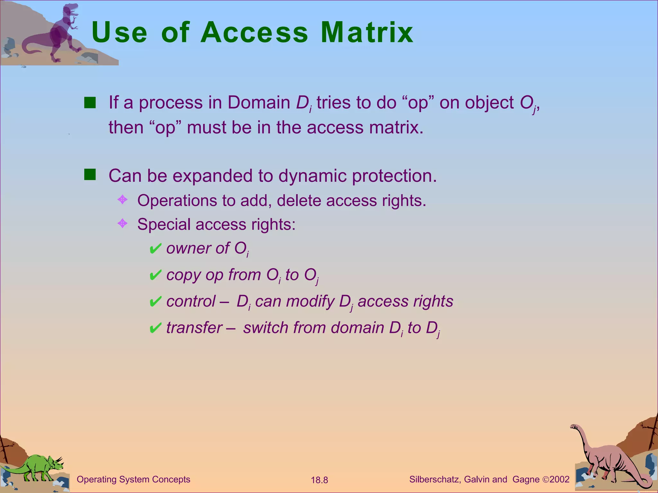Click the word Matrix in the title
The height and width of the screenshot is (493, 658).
click(367, 32)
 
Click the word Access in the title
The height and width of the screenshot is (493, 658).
click(254, 32)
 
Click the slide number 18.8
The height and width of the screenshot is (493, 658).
click(319, 480)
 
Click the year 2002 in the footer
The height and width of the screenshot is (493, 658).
click(559, 480)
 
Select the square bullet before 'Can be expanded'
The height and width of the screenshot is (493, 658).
click(90, 175)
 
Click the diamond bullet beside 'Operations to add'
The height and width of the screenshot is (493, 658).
click(122, 200)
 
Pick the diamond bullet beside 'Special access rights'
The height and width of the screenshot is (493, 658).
click(122, 223)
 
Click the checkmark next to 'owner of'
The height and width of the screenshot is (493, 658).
click(155, 249)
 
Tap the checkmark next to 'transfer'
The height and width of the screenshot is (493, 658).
click(155, 328)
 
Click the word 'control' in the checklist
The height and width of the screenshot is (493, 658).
click(191, 301)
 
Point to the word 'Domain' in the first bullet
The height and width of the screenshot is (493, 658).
click(259, 103)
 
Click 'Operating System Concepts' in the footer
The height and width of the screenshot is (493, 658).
click(133, 480)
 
